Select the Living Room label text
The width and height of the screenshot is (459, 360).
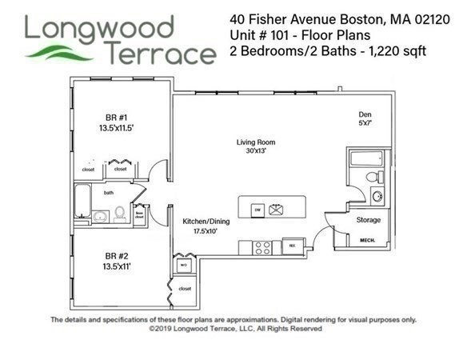[x=255, y=142]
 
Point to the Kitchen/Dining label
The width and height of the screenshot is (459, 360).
[x=201, y=221]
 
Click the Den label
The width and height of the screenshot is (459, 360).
[x=365, y=114]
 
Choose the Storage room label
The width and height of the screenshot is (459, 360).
[x=368, y=220]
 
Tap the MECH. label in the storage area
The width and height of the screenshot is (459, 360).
[x=368, y=240]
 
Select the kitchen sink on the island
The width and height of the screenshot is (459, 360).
[x=277, y=210]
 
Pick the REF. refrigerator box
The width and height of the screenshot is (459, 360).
[x=293, y=245]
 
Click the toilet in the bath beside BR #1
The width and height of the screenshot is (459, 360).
[x=119, y=214]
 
